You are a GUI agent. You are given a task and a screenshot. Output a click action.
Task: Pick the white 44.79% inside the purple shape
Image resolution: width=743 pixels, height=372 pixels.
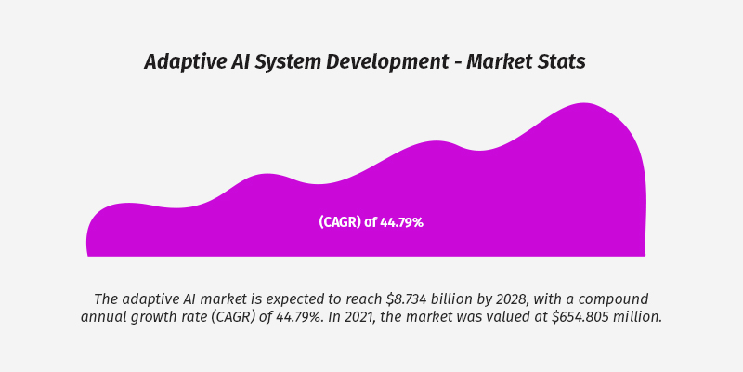[x=401, y=222]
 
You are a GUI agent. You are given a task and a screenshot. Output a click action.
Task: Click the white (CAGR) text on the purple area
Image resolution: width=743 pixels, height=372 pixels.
[x=340, y=222]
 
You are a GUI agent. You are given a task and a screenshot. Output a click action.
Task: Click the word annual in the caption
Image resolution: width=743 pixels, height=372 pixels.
[x=105, y=317]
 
